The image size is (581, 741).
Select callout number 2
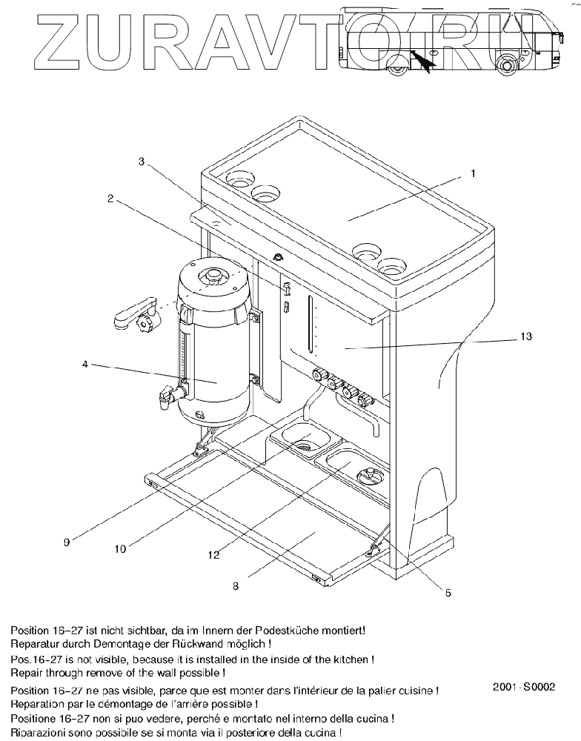tap(110, 199)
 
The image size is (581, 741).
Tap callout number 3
tap(142, 162)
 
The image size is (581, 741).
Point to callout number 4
tap(86, 363)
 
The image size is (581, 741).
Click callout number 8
tap(235, 585)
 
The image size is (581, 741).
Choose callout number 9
tap(66, 542)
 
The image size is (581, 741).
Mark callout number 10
tap(120, 549)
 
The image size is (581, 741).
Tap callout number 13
tap(525, 336)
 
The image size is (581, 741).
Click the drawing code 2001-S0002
tap(523, 687)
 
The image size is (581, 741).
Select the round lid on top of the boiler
tap(214, 276)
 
